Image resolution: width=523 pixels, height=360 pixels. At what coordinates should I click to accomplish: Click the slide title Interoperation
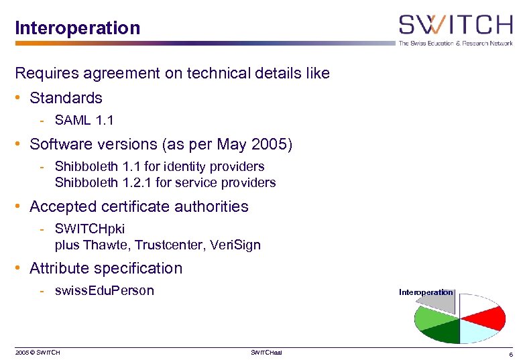[x=78, y=28]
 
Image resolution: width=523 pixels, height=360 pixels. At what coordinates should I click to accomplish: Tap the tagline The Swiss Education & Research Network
[x=455, y=44]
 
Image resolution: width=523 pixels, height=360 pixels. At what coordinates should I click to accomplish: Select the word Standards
[x=66, y=98]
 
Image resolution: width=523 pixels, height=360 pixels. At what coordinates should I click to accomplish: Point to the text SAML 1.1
[x=84, y=121]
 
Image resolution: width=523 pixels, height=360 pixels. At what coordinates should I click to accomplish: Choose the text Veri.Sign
[x=235, y=245]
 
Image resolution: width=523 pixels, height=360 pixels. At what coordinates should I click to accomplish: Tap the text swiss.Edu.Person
[x=105, y=290]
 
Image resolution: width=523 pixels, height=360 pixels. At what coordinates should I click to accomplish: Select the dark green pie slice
[x=440, y=332]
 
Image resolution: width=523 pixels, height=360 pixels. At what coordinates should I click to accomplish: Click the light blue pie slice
[x=480, y=331]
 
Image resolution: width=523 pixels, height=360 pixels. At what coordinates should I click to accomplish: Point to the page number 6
[x=511, y=353]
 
